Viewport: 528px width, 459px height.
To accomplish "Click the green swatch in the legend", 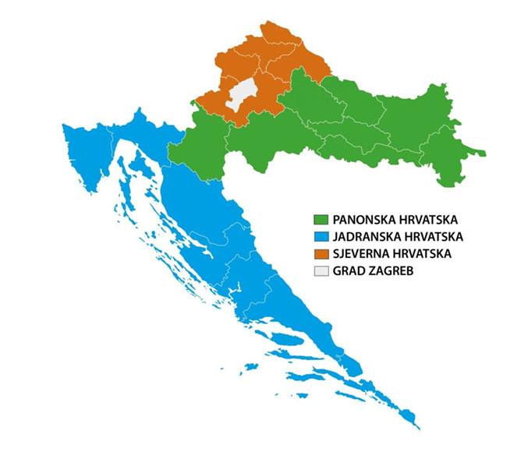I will click(320, 219).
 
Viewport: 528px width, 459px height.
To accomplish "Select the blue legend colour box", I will click(320, 236).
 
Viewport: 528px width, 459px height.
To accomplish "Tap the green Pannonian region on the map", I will click(351, 117).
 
